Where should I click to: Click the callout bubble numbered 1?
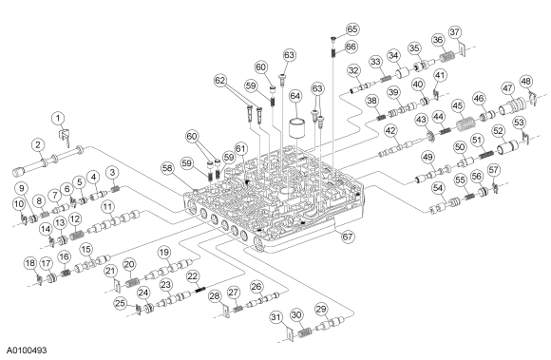(58, 118)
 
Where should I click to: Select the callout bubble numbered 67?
(347, 236)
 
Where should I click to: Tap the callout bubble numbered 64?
(295, 96)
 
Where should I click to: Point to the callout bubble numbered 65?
(352, 28)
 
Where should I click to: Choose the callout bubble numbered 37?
(455, 32)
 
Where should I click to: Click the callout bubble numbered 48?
(525, 82)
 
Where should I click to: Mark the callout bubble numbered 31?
(276, 317)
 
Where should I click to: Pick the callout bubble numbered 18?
(30, 263)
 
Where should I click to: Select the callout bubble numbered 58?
(167, 168)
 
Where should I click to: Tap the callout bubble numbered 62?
(220, 81)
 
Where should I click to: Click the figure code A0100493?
(27, 351)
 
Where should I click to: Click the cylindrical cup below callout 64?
(297, 129)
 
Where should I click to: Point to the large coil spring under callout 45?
(465, 124)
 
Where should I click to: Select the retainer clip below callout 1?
(65, 136)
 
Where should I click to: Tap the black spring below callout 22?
(199, 290)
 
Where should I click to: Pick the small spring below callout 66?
(332, 52)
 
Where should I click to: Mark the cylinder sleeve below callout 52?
(505, 146)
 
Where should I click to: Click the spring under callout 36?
(447, 57)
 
